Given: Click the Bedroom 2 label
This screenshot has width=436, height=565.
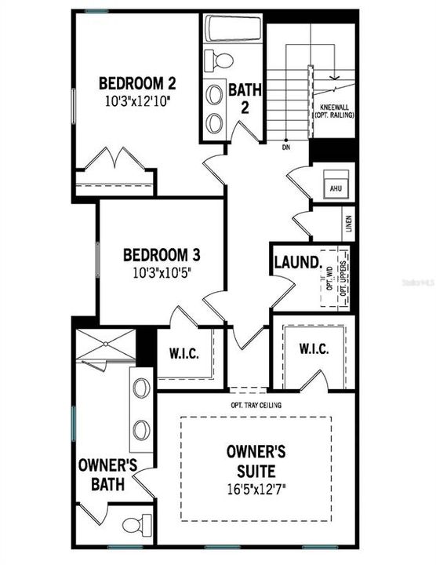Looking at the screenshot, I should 136,83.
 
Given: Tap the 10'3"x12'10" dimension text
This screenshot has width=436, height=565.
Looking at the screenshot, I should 136,100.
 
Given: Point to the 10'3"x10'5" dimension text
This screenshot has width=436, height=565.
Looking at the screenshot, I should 162,272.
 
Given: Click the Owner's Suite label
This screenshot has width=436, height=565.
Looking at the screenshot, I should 256,461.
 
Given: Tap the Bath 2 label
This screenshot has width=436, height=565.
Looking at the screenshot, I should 244,98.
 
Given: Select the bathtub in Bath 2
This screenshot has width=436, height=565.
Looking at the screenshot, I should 233,29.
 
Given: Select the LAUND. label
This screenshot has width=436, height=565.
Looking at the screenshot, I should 296,261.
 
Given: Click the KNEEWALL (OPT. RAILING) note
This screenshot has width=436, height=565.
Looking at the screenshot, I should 336,110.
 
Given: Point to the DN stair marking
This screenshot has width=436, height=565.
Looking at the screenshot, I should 287,147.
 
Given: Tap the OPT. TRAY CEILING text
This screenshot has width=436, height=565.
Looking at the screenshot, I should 256,405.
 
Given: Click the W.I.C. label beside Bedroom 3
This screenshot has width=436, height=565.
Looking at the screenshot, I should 184,352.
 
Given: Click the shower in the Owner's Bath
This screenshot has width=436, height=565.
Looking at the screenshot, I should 105,346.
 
